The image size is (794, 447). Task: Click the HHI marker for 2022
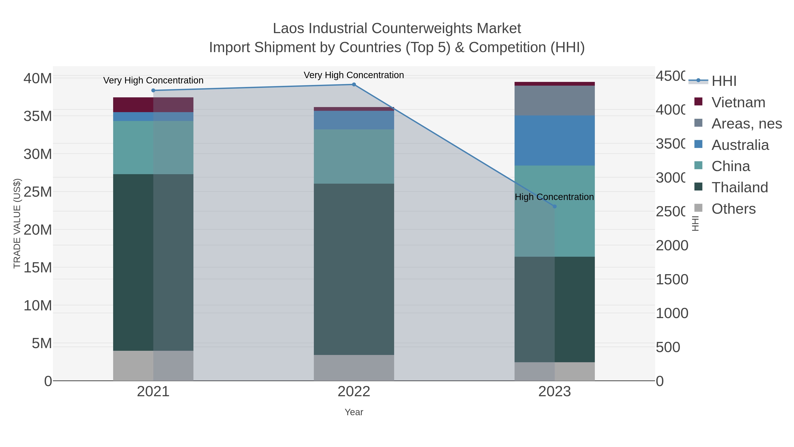[354, 85]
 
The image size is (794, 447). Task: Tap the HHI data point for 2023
[554, 206]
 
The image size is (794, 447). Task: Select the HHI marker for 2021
[153, 90]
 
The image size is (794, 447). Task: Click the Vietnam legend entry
[738, 102]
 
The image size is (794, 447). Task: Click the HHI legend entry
[723, 81]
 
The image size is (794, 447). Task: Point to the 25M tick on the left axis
[37, 192]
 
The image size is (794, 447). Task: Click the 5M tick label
[42, 343]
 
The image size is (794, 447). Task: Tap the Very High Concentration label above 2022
[354, 75]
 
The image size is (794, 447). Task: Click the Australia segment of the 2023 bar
[554, 140]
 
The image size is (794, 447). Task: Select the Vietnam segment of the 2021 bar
[153, 105]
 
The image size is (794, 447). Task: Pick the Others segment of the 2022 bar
[354, 368]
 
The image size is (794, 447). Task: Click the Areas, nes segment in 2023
[554, 101]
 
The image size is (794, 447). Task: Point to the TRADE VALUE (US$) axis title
[17, 223]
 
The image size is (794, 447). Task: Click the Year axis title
[354, 412]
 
